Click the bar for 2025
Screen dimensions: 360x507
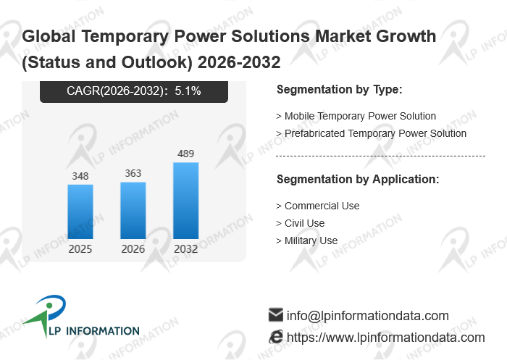coord(80,212)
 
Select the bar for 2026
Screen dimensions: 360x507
coord(133,210)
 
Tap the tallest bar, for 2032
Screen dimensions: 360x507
coord(185,201)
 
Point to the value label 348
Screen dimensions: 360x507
coord(80,176)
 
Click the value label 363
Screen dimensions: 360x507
coord(133,173)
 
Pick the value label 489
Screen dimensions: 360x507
coord(185,154)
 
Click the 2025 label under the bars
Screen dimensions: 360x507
coord(80,249)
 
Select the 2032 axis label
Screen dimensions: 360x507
coord(185,249)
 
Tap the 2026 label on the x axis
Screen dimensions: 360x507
coord(133,249)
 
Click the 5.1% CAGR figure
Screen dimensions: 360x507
coord(188,91)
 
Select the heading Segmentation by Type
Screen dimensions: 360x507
coord(339,90)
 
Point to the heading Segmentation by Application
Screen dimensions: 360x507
coord(358,179)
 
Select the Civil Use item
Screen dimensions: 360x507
coord(304,223)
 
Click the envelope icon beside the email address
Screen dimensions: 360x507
coord(275,315)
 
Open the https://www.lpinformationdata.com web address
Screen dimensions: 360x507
coord(385,338)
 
